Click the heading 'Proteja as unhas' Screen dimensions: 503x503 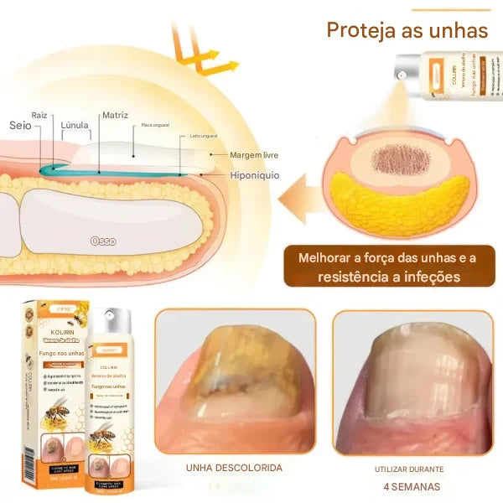406,31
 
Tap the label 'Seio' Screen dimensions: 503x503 21,124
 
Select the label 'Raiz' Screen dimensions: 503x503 40,114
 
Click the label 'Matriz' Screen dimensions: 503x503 114,115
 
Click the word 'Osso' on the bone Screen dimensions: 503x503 103,241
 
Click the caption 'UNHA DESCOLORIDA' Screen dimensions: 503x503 234,468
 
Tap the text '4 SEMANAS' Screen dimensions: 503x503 411,486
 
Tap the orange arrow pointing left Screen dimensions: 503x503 303,200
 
